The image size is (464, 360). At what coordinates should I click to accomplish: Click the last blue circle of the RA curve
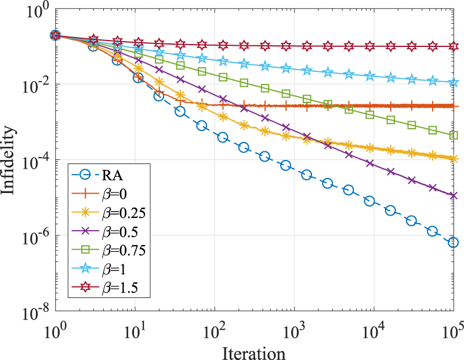tap(454, 242)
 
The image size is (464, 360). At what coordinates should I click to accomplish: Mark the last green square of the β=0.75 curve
tap(454, 135)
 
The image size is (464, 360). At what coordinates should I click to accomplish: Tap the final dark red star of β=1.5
tap(454, 46)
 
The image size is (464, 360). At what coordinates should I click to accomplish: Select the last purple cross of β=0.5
tap(454, 195)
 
